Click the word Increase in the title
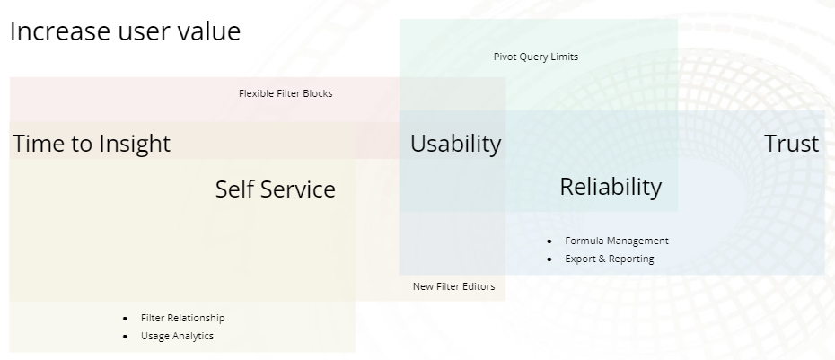coord(60,31)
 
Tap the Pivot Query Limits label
coord(536,57)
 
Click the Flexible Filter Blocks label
coord(286,93)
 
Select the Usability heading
coord(456,144)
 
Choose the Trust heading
coord(791,144)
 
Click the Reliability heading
coord(611,187)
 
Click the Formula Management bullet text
coord(617,241)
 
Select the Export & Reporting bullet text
coord(610,259)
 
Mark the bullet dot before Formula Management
coord(549,241)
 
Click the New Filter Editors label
coord(453,286)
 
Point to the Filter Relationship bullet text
coord(182,318)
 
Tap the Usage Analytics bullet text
coord(177,336)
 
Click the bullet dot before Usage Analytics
coord(125,337)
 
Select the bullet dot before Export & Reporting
coord(549,259)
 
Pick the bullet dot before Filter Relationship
coord(125,319)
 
